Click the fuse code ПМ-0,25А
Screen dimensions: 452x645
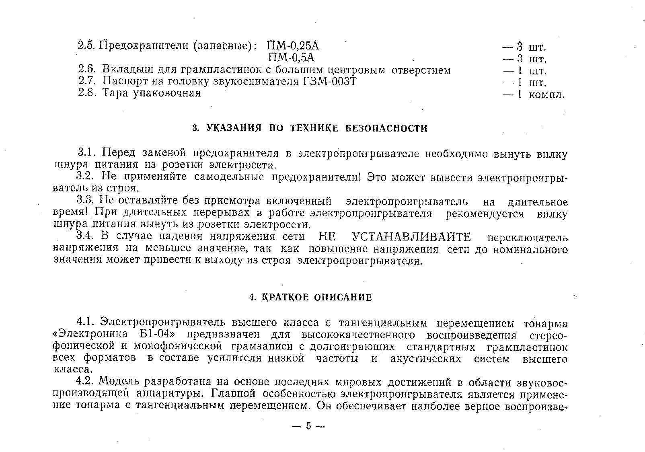point(293,45)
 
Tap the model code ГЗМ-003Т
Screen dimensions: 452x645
point(329,82)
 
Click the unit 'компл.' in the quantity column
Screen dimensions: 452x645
point(546,95)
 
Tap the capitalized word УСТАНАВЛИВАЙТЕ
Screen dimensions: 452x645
point(411,237)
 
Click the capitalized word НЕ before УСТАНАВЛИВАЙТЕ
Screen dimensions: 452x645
point(327,237)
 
